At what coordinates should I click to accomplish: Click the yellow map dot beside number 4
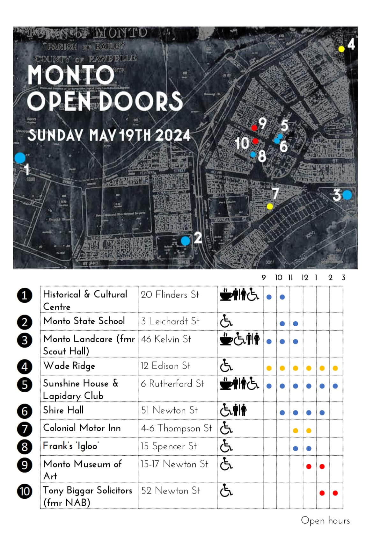[x=341, y=49]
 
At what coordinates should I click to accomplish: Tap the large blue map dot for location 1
[x=20, y=158]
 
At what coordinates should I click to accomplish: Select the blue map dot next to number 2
[x=185, y=241]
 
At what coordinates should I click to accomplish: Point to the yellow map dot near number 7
[x=270, y=206]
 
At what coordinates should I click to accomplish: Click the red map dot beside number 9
[x=254, y=128]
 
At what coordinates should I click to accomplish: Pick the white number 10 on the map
[x=242, y=143]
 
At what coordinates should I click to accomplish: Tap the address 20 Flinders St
[x=170, y=295]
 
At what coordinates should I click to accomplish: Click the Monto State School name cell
[x=84, y=321]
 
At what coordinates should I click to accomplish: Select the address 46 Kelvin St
[x=166, y=339]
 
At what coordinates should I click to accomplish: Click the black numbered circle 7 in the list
[x=25, y=429]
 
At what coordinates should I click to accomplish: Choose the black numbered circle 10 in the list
[x=25, y=491]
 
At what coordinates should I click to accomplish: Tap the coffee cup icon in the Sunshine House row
[x=226, y=384]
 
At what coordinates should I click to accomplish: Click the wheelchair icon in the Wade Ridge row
[x=226, y=366]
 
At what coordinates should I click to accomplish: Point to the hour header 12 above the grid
[x=305, y=278]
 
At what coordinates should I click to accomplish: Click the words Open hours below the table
[x=325, y=521]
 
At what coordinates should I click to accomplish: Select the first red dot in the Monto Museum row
[x=309, y=466]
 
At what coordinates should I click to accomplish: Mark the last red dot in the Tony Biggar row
[x=335, y=493]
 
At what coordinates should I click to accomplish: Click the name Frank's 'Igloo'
[x=71, y=446]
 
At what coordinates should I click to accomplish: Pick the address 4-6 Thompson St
[x=176, y=428]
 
